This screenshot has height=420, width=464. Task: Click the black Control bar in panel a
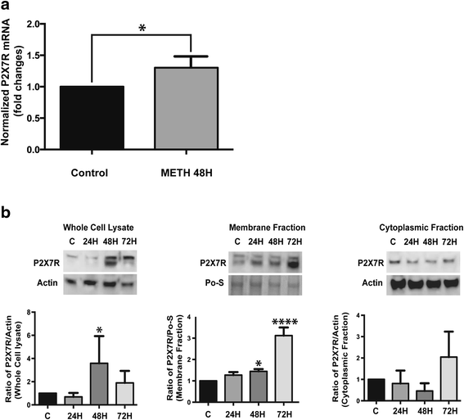pyautogui.click(x=84, y=118)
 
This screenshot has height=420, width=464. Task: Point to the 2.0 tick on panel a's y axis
pyautogui.click(x=34, y=24)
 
